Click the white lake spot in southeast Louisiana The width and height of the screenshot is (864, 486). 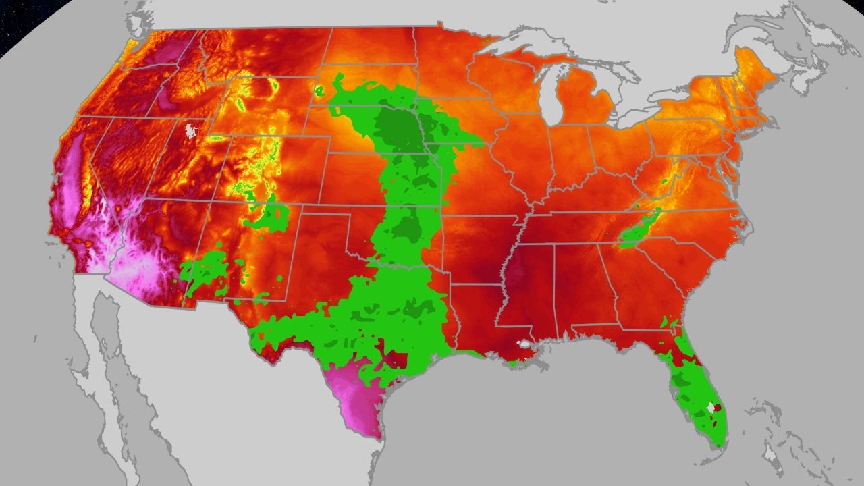(x=523, y=344)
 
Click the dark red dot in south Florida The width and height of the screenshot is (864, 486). (x=718, y=407)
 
